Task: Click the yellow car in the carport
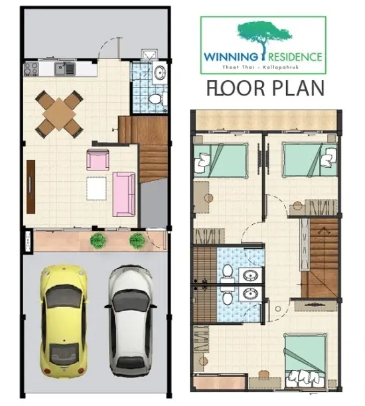[x=64, y=319]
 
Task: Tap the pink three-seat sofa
[x=124, y=194]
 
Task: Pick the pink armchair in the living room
[x=98, y=160]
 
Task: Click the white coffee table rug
[x=96, y=188]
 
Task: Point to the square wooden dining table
[x=59, y=114]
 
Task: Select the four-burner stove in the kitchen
[x=31, y=69]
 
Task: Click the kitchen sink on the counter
[x=65, y=68]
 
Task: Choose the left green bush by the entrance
[x=98, y=241]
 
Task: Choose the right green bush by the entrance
[x=137, y=241]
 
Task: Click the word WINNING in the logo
[x=230, y=57]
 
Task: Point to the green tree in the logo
[x=264, y=36]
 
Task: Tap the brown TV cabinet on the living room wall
[x=31, y=186]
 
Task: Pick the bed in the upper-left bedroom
[x=220, y=161]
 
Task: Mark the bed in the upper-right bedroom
[x=309, y=159]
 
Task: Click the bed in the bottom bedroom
[x=305, y=360]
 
